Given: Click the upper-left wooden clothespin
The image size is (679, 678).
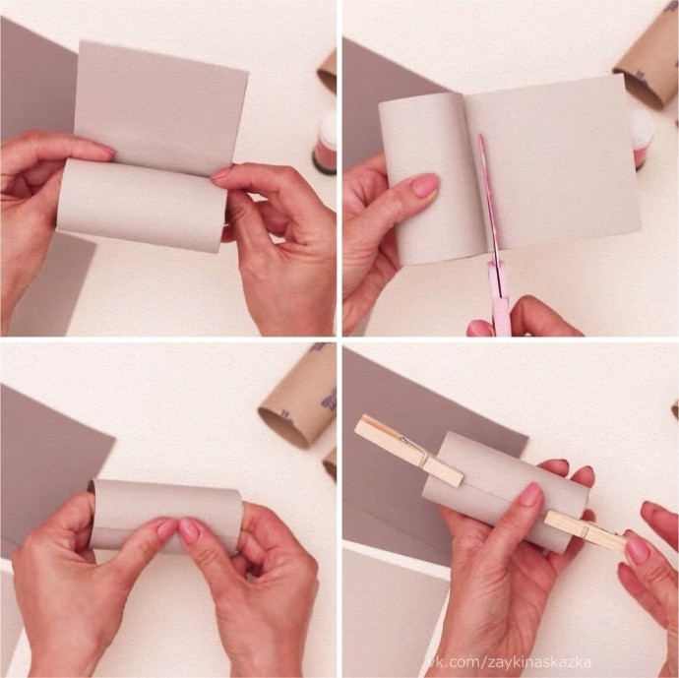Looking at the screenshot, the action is click(x=409, y=450).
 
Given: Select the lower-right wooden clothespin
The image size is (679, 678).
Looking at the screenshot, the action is click(x=586, y=531).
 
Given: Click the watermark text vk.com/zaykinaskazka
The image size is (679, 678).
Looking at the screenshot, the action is click(x=510, y=662).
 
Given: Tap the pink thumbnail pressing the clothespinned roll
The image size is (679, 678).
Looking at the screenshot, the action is click(x=530, y=494).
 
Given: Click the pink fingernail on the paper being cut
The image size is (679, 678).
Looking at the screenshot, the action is click(x=425, y=185).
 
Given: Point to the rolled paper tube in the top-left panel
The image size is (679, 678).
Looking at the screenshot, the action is click(x=142, y=205).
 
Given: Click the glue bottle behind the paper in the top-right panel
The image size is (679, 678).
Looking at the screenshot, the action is click(x=644, y=138).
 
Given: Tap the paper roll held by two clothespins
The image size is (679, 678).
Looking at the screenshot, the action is click(x=506, y=491).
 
